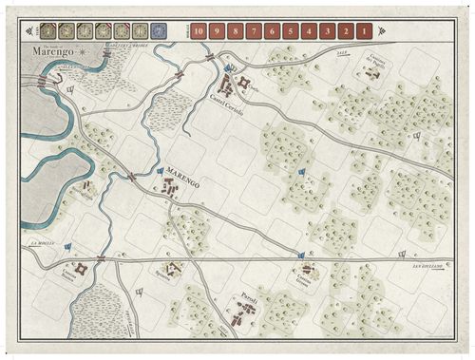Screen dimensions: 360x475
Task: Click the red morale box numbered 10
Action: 199,30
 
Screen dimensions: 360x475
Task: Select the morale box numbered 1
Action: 365,30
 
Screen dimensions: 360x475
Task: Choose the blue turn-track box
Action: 159,30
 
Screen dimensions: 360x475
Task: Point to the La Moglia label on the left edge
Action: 42,243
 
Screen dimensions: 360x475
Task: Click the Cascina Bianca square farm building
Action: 81,270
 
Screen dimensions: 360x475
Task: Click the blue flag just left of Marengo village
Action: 160,171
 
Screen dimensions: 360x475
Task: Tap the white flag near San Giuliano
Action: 403,253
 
